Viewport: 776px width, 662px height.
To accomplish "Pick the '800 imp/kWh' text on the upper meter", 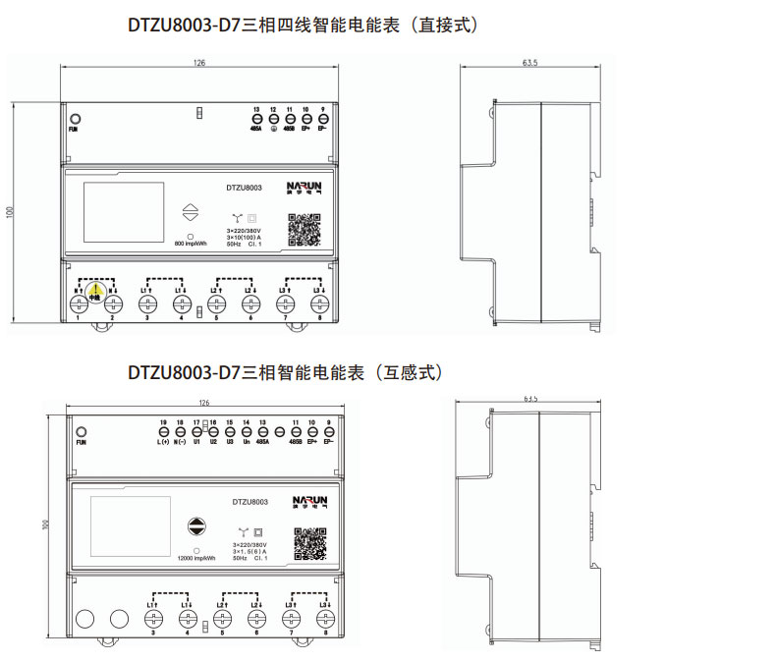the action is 190,244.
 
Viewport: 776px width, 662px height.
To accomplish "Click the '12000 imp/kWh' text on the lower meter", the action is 197,559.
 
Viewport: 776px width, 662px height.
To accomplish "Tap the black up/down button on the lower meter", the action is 197,526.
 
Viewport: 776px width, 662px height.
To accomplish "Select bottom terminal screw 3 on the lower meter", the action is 153,619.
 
